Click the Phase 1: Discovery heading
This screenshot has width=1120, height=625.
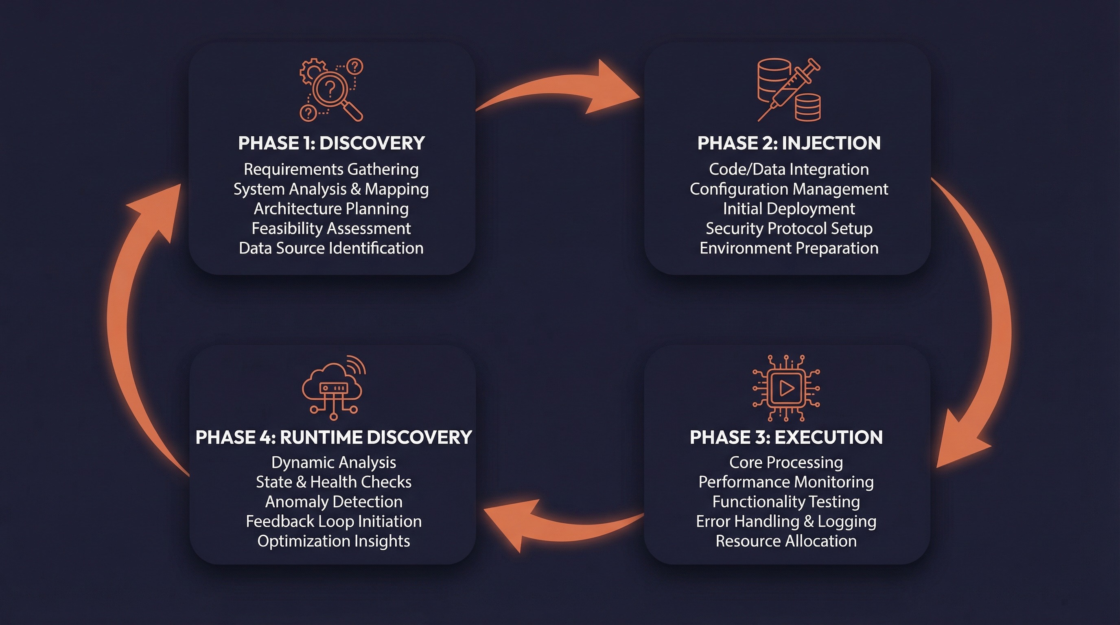[331, 143]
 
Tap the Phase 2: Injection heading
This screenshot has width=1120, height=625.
[789, 143]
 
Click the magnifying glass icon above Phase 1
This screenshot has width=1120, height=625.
[331, 90]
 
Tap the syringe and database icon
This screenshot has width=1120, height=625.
[789, 90]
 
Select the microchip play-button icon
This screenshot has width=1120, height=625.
[786, 388]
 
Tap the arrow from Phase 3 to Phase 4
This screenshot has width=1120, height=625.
[561, 524]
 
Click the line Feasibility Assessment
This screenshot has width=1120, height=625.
[331, 228]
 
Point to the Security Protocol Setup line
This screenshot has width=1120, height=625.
[789, 228]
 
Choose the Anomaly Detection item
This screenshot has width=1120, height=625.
[333, 502]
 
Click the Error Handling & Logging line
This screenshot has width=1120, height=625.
[786, 521]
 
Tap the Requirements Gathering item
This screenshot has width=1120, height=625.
[331, 169]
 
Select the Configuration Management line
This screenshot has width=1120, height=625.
[789, 189]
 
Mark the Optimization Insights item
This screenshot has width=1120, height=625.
[333, 541]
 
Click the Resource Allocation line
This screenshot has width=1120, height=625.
[786, 541]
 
